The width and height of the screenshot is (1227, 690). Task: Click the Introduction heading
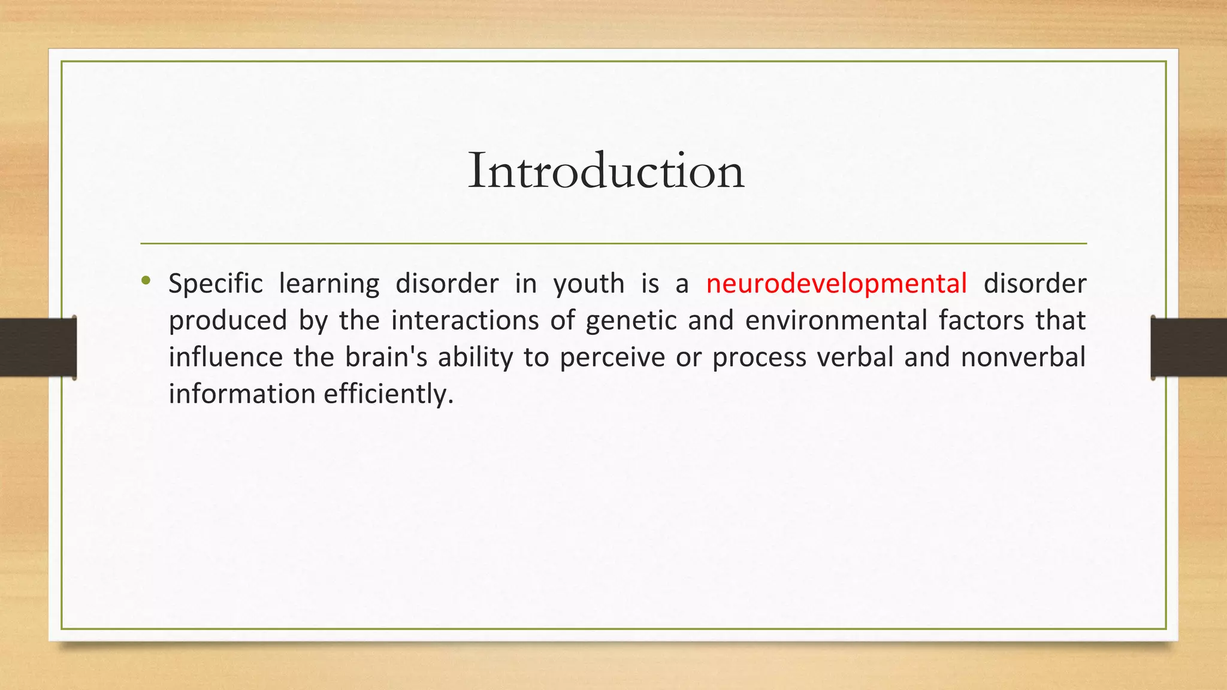tap(606, 171)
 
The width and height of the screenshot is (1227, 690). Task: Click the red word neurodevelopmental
tap(836, 283)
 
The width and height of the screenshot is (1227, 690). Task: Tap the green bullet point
tap(146, 280)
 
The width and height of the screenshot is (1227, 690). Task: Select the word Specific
tap(215, 283)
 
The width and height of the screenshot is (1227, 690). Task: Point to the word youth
tap(588, 283)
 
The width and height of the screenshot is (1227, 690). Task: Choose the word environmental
tap(836, 320)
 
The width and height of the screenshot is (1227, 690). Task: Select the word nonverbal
tap(1023, 358)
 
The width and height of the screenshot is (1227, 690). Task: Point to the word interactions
tap(465, 320)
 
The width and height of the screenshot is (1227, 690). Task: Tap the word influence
tap(225, 358)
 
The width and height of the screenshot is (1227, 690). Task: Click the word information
tap(241, 395)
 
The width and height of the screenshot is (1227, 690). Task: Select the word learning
tap(329, 283)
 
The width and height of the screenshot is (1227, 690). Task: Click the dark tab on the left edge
tap(38, 347)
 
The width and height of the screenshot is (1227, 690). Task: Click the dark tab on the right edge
tap(1189, 347)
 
